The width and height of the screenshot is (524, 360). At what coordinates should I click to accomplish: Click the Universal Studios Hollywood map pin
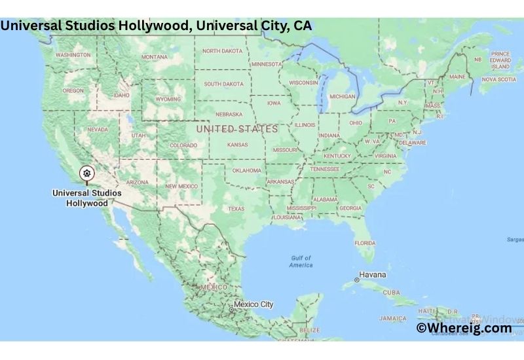pos(86,174)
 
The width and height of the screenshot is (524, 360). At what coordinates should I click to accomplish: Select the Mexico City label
pos(253,304)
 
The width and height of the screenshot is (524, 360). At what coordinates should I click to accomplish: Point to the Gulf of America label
pos(301,261)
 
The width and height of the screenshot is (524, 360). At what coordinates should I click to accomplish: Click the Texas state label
pos(236,209)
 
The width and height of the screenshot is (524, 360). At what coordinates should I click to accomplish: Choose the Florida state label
pos(365,243)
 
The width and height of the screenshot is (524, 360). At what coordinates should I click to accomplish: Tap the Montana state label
pos(155,57)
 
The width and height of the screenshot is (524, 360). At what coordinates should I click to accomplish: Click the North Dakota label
pos(222,51)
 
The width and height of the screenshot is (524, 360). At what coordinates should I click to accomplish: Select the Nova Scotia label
pos(498,79)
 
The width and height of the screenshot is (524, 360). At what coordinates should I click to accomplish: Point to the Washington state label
pos(73,55)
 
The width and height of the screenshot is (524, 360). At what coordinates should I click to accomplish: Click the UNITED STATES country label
pos(237,129)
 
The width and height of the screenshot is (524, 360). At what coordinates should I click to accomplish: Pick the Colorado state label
pos(183,145)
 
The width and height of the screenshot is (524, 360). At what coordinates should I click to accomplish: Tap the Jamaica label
pos(392,319)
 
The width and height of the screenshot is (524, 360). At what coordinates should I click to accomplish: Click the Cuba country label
pos(392,293)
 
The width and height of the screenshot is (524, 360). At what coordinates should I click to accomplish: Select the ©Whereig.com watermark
pos(464,328)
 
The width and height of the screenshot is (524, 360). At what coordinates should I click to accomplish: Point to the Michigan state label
pos(342,96)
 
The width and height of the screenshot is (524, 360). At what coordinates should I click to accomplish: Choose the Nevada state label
pos(98,130)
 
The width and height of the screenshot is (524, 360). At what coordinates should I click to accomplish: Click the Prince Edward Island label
pos(501,60)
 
